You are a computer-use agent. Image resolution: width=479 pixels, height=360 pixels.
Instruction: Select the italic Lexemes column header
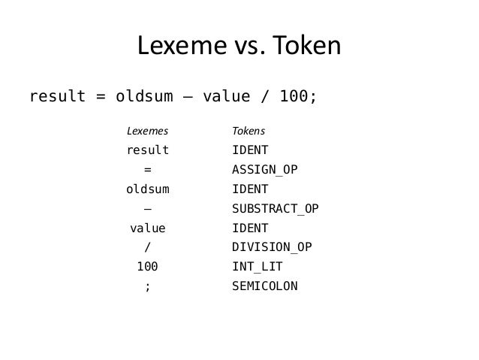click(x=146, y=131)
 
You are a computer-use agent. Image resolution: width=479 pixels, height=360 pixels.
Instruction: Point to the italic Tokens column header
click(x=249, y=131)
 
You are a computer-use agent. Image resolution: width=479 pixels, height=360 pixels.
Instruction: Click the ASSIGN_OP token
click(x=265, y=169)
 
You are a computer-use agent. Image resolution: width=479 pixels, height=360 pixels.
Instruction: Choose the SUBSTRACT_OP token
click(x=275, y=208)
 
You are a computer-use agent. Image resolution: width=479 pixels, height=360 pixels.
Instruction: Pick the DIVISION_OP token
click(x=272, y=247)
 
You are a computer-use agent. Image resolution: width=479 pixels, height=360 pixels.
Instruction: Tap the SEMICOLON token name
click(x=265, y=286)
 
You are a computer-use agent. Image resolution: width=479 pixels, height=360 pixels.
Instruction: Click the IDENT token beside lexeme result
click(x=251, y=150)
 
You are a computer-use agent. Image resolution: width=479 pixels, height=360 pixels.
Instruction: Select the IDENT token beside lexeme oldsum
click(x=251, y=189)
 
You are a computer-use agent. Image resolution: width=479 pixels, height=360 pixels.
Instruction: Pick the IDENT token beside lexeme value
click(x=251, y=228)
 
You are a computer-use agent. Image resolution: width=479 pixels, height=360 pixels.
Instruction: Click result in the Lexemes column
click(x=147, y=150)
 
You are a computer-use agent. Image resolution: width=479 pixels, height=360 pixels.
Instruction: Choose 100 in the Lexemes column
click(x=147, y=266)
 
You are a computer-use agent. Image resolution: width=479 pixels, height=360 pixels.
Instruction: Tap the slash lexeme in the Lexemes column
click(x=147, y=247)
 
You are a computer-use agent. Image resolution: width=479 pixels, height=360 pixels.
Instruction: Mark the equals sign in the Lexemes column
click(x=147, y=169)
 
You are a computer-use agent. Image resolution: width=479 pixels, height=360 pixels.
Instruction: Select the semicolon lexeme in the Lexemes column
click(x=147, y=286)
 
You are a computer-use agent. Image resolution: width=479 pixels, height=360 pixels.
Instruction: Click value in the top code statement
click(x=224, y=98)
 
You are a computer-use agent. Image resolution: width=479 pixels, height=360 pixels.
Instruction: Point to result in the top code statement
click(x=56, y=98)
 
